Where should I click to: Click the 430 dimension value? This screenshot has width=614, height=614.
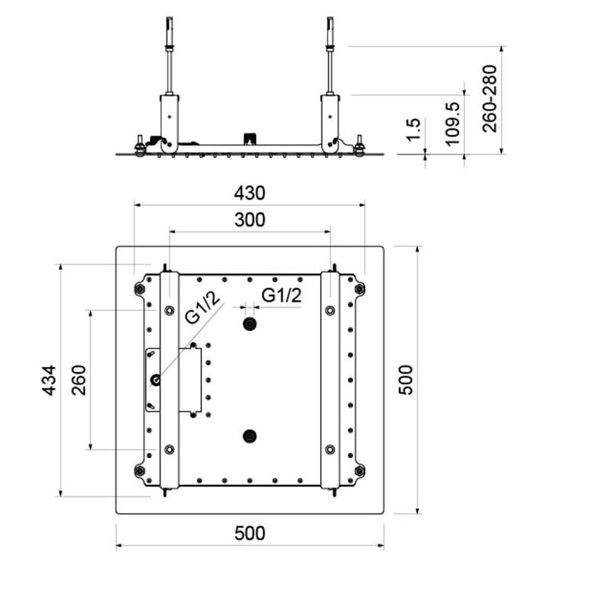249,193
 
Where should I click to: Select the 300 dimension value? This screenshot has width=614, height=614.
250,220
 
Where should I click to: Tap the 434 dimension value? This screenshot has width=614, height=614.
50,380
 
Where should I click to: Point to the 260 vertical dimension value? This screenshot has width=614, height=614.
79,380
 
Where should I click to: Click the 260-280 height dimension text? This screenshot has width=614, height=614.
490,99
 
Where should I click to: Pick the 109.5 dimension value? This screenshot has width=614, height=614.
453,124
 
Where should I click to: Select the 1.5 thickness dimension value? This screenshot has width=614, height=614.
413,129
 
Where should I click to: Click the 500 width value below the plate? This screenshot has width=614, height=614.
250,533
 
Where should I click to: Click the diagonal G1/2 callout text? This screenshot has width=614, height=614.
202,308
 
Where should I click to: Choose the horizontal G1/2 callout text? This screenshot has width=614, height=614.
282,295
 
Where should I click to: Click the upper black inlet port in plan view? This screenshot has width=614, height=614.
249,324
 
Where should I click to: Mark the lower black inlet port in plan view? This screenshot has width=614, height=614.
249,436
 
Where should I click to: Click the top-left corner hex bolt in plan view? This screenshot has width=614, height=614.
140,289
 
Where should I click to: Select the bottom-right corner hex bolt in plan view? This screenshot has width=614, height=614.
359,470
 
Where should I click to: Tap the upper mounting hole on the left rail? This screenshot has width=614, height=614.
169,311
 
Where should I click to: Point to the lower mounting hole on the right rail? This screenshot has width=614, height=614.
330,450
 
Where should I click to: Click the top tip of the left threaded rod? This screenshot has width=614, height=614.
169,17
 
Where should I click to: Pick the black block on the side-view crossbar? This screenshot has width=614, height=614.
249,139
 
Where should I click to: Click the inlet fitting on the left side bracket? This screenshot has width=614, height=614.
156,379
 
